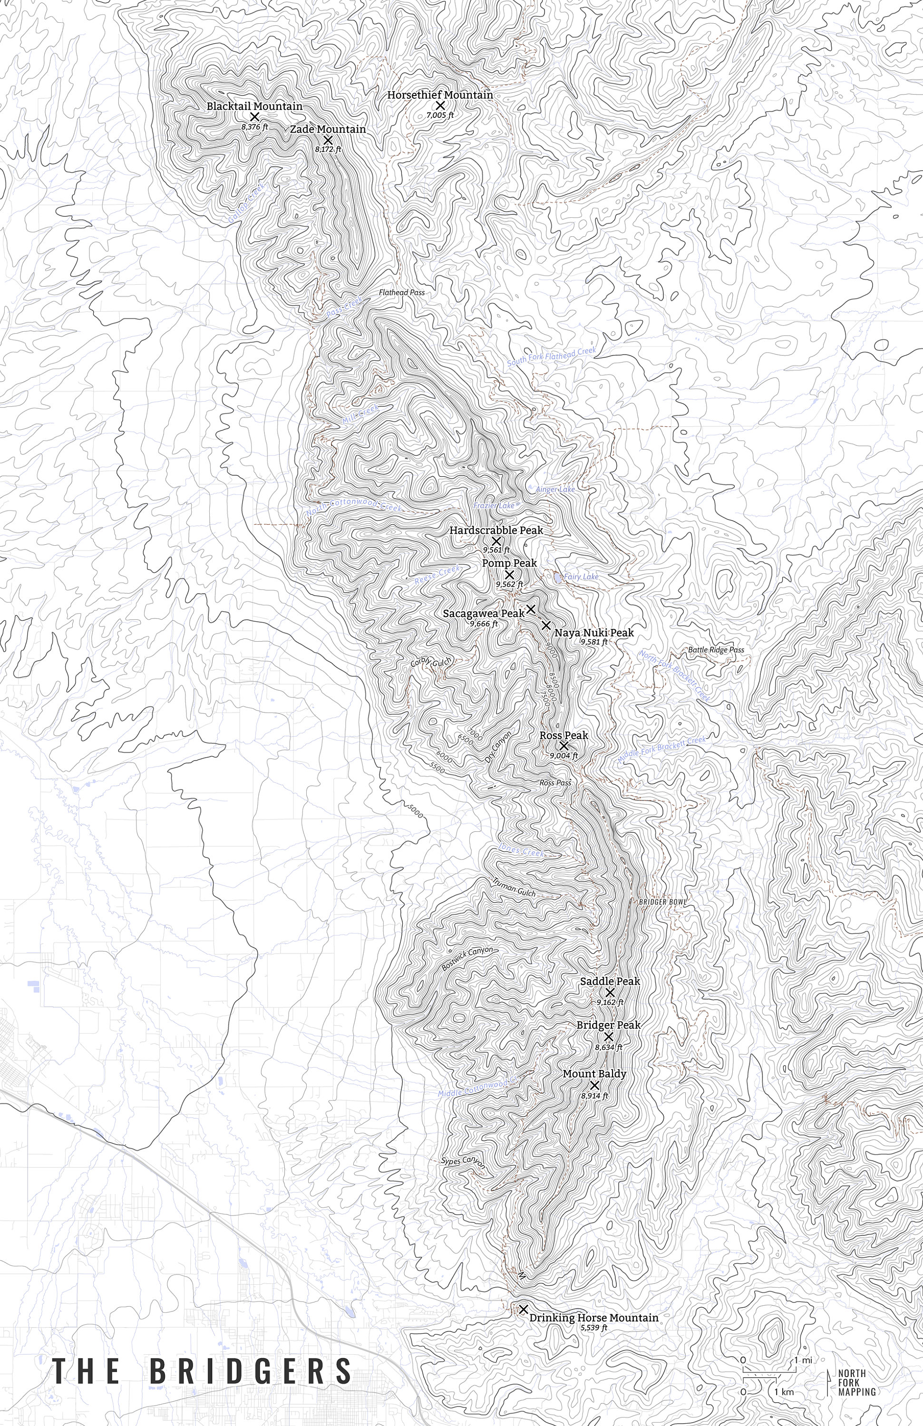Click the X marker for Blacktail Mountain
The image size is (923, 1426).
tap(254, 117)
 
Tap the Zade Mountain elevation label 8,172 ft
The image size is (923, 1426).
tap(328, 149)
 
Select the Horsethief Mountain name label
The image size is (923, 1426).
tap(439, 95)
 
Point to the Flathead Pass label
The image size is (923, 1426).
tap(401, 293)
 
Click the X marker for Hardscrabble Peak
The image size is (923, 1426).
tap(496, 541)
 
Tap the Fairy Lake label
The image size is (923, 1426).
tap(581, 577)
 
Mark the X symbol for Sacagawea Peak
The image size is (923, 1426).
tap(530, 609)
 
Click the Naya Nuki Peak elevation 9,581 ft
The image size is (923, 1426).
tap(593, 642)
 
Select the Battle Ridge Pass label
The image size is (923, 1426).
tap(716, 649)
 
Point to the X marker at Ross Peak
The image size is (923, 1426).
tap(564, 746)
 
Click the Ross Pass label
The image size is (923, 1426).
tap(555, 783)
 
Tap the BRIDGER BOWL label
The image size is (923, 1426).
tap(662, 902)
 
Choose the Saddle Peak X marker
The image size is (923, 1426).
tap(610, 992)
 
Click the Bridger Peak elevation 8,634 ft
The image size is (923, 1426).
tap(608, 1047)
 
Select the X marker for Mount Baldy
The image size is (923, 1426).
tap(594, 1086)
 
